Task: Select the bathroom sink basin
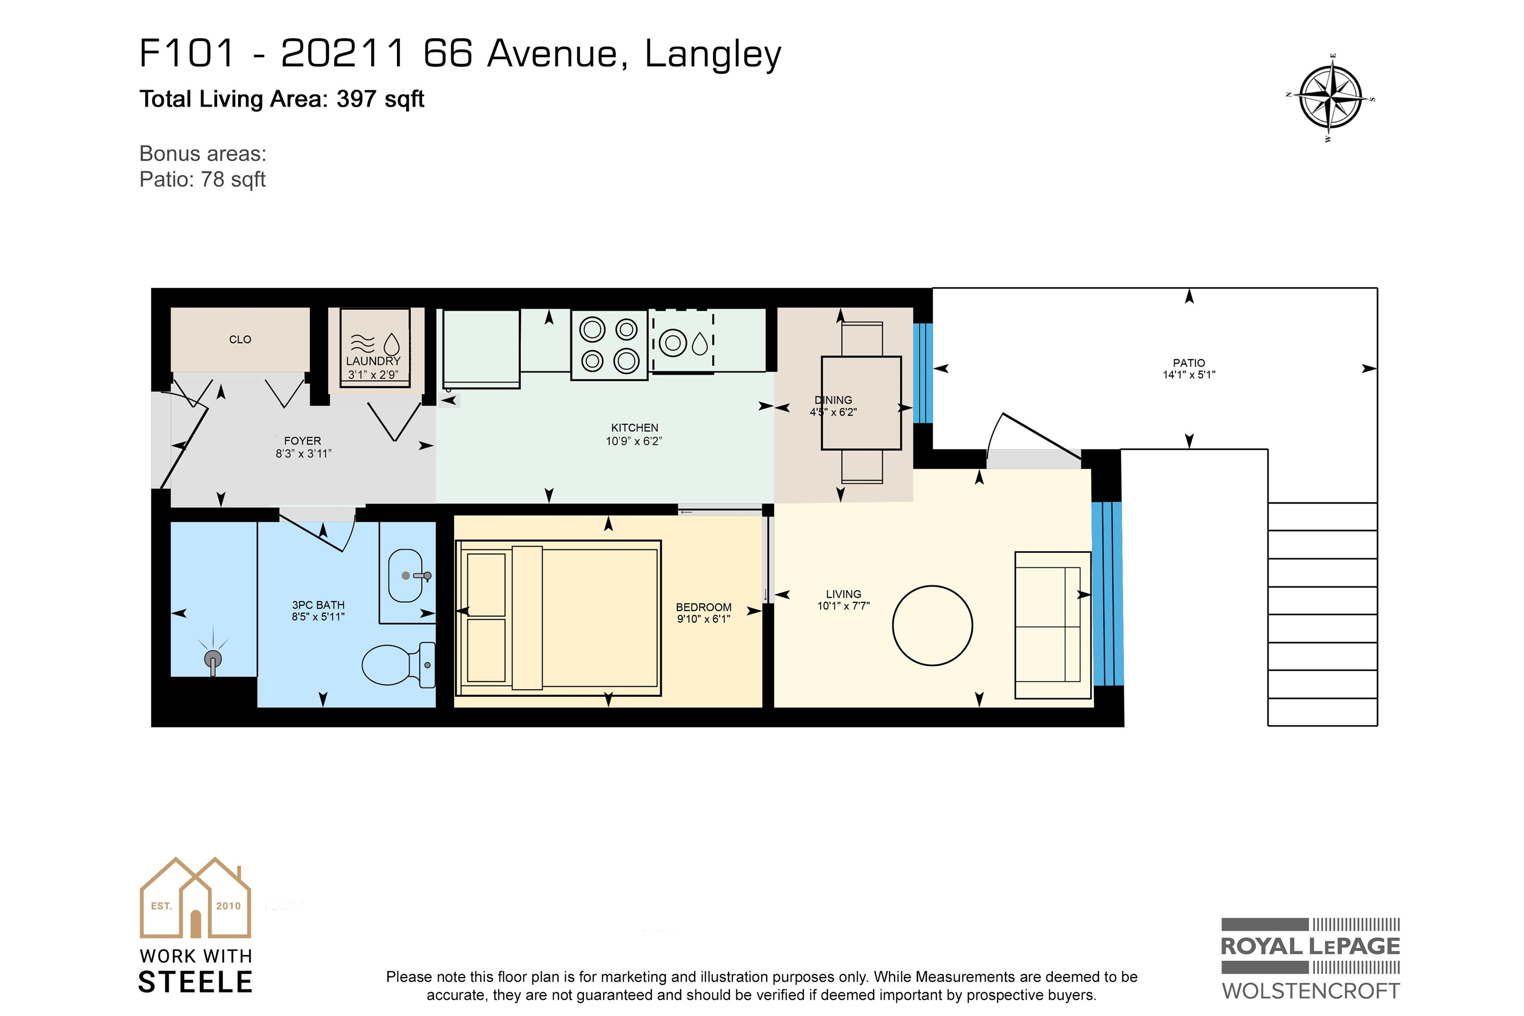point(406,575)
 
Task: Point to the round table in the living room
point(933,625)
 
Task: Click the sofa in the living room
point(1053,625)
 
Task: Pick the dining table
point(861,403)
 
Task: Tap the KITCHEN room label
point(635,428)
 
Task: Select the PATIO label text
point(1189,363)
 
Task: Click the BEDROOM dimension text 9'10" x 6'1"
point(703,619)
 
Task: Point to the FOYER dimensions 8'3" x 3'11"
point(303,453)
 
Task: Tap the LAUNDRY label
point(373,361)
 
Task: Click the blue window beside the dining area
point(923,373)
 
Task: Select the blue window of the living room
point(1107,593)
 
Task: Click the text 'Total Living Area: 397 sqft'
point(282,99)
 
